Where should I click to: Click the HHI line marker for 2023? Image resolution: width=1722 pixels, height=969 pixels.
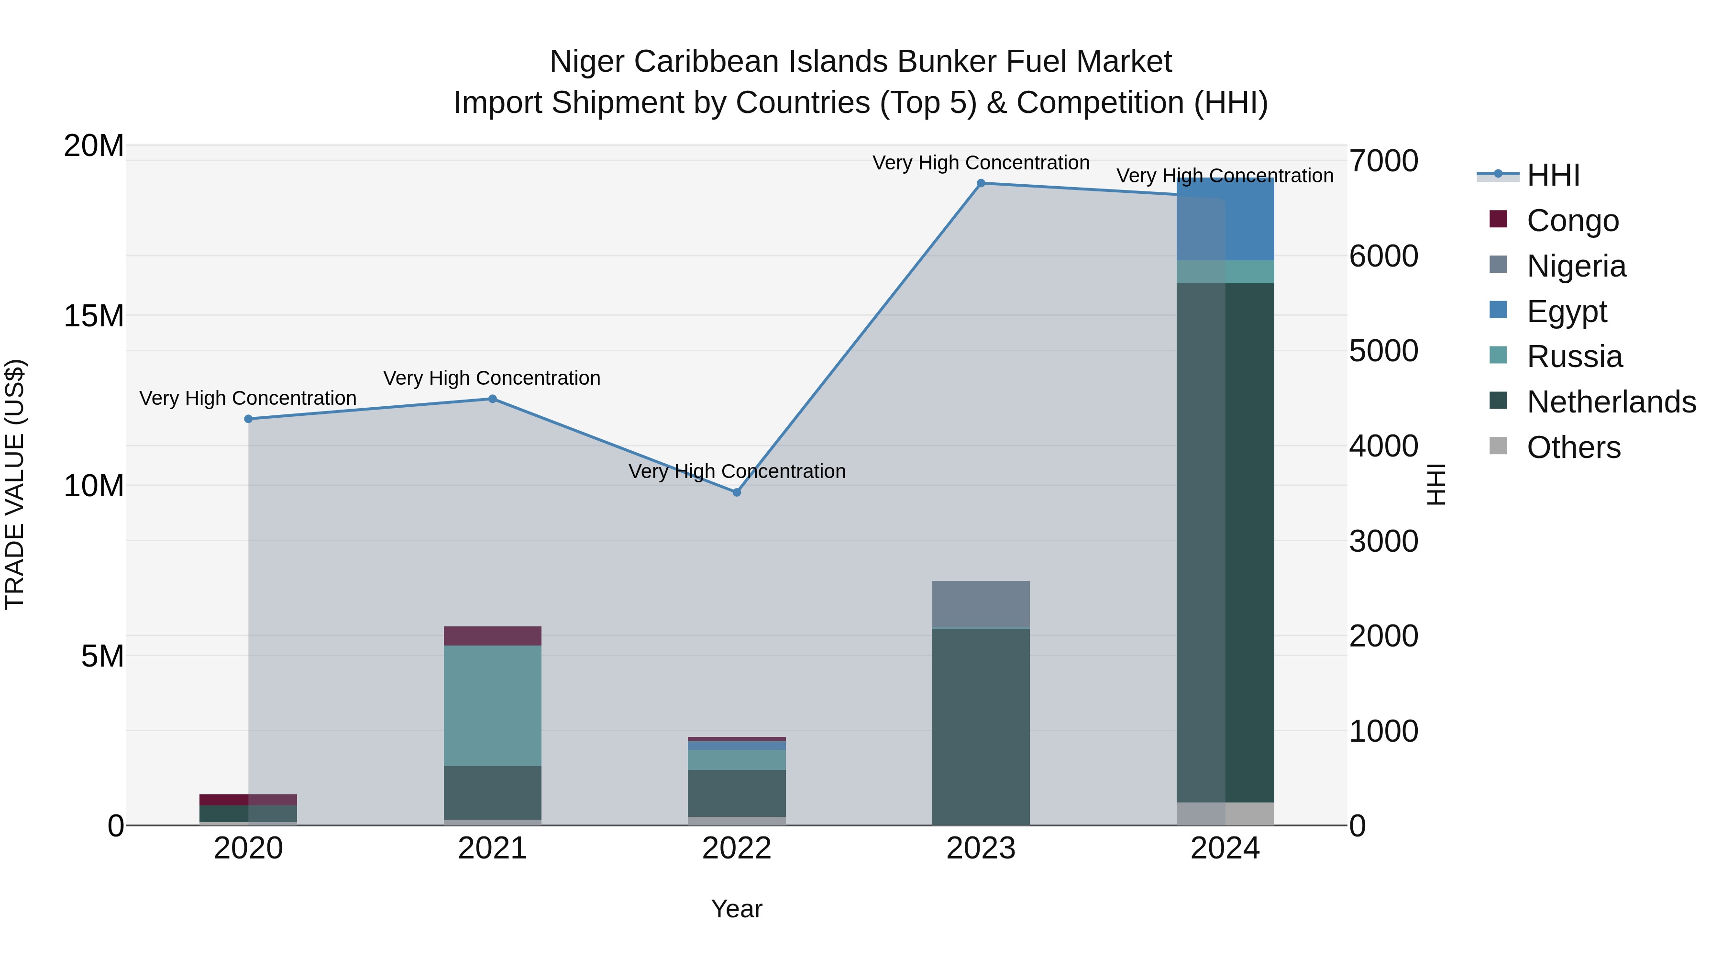point(981,183)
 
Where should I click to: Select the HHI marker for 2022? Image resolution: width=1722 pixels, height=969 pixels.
point(737,492)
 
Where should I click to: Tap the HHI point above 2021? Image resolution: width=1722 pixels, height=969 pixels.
point(493,399)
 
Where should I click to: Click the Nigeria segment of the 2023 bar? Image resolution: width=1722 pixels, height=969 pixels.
point(981,604)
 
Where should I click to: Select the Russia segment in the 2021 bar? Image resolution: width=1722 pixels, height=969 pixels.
point(493,705)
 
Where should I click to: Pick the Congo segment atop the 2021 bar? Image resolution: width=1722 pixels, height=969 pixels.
point(493,636)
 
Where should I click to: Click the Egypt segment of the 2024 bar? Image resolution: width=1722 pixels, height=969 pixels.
point(1225,221)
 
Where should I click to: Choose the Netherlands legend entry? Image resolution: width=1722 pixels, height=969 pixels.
point(1611,402)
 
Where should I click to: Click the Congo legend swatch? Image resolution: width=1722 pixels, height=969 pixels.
point(1498,219)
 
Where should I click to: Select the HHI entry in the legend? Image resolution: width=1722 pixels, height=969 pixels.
point(1553,175)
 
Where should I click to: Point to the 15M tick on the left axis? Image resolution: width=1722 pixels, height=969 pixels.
point(94,316)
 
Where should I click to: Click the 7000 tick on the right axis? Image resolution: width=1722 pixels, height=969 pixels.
point(1383,161)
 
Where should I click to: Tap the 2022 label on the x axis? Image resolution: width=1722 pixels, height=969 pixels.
point(737,848)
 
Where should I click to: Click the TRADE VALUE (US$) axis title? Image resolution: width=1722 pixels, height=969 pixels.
point(15,485)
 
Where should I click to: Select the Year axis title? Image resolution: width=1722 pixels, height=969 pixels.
point(737,909)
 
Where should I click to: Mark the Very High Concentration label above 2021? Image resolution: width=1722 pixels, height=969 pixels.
point(492,378)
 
